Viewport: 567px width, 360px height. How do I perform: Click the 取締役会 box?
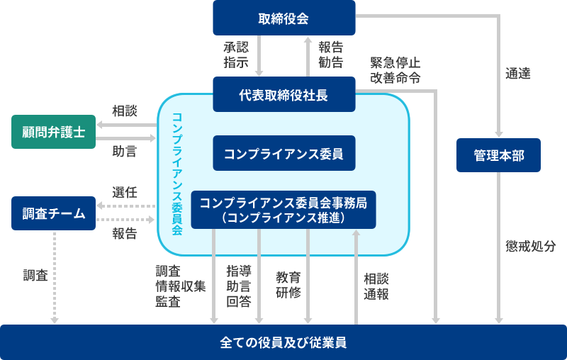point(283,18)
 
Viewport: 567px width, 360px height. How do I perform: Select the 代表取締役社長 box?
point(283,94)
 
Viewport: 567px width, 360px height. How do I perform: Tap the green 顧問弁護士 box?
point(53,132)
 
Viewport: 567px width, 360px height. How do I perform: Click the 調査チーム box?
point(53,213)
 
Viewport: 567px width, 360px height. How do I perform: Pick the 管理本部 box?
point(499,155)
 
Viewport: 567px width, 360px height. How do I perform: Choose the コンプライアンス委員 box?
point(283,153)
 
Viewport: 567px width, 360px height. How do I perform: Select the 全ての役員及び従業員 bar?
point(283,342)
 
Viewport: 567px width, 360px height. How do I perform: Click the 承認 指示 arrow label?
point(236,55)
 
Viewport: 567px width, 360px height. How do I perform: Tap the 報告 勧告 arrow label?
point(330,55)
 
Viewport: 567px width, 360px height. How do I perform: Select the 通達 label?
point(518,73)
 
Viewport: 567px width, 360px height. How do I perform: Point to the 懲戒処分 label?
point(531,247)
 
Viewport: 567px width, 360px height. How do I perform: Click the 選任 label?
point(124,192)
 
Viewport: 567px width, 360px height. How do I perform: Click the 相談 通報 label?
point(376,286)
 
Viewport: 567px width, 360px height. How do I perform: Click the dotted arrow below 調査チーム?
point(55,276)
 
